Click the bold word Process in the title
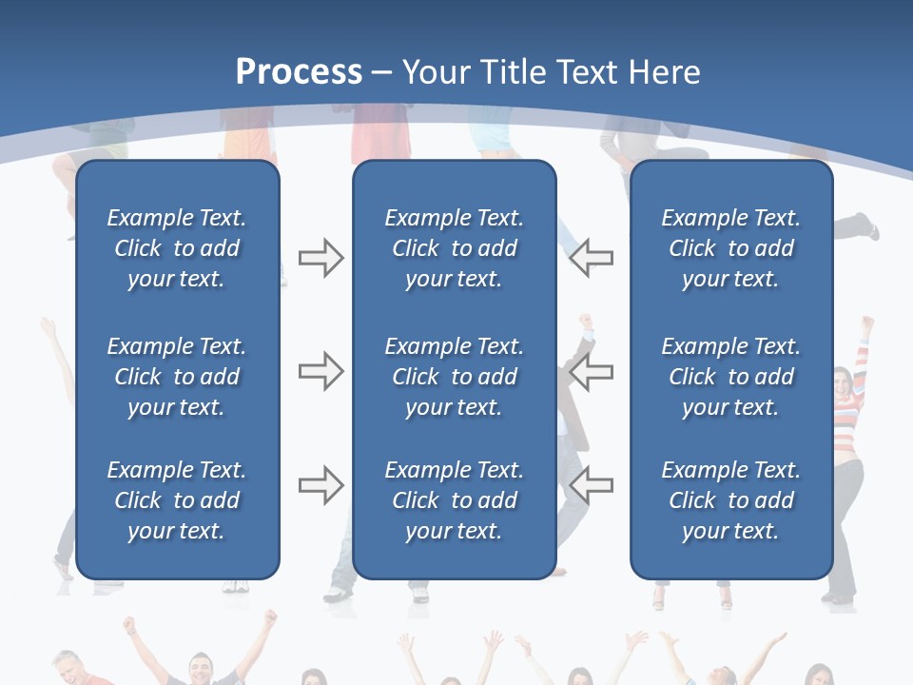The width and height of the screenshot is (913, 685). click(299, 72)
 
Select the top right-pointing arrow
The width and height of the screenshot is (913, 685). click(321, 258)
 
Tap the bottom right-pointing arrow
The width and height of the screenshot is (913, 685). click(321, 485)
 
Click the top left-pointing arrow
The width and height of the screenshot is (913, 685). click(591, 258)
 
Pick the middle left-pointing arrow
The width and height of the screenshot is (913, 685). click(591, 372)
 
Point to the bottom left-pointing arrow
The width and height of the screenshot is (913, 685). click(591, 485)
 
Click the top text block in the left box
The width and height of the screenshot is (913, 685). click(177, 248)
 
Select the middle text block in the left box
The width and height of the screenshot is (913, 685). click(177, 377)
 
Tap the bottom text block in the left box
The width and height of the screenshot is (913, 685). click(177, 500)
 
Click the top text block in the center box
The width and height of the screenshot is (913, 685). click(455, 248)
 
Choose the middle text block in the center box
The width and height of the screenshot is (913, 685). click(455, 377)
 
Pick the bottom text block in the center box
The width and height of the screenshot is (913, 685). click(455, 500)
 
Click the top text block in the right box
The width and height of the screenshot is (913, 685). click(731, 248)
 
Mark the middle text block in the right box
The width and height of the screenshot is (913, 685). click(731, 377)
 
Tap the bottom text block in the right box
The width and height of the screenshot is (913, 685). click(731, 500)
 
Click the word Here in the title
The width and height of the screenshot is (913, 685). click(665, 72)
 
